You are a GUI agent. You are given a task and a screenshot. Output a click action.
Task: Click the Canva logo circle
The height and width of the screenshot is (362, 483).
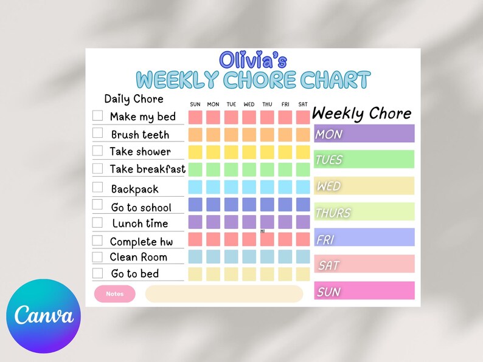click(43, 316)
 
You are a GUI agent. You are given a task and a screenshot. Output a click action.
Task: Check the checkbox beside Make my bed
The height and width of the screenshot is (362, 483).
click(97, 115)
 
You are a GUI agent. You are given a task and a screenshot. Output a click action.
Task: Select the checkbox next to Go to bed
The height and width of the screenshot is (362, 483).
click(97, 273)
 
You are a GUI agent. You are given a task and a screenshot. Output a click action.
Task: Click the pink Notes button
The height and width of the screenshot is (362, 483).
click(114, 294)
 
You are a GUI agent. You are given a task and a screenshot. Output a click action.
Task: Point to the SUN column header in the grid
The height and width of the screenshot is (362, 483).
click(195, 104)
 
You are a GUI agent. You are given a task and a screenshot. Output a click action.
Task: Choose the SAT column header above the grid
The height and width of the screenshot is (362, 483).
click(303, 104)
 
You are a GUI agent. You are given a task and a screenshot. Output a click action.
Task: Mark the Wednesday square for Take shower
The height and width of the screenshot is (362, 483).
click(249, 151)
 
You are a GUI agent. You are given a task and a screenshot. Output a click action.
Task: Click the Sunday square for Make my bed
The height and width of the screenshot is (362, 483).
click(195, 117)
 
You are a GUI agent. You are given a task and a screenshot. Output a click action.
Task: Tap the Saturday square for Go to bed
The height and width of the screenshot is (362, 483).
click(303, 274)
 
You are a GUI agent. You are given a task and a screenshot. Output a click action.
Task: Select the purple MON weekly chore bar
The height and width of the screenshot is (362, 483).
click(364, 134)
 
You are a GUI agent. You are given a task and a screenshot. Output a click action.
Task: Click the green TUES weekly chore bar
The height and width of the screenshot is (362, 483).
click(364, 160)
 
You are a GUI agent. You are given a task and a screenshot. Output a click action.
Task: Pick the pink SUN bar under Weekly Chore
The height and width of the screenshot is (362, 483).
click(364, 291)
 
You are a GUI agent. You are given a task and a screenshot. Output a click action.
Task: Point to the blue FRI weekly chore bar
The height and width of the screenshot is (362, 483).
click(364, 238)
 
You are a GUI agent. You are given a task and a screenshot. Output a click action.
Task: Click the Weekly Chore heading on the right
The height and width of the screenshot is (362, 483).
click(361, 113)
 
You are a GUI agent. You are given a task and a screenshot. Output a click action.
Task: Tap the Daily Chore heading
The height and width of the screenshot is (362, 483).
click(134, 99)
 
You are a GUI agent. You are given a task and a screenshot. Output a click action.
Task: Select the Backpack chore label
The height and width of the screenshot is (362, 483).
click(134, 190)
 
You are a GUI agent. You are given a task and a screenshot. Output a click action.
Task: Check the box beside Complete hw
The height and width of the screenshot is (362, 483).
click(97, 241)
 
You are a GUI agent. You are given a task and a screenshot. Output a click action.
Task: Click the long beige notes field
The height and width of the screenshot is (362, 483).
click(224, 294)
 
